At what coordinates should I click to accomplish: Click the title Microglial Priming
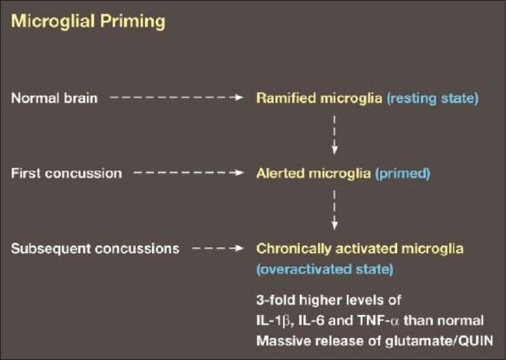coord(88,21)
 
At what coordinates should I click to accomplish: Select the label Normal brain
coord(55,98)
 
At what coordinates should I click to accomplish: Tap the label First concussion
coord(66,173)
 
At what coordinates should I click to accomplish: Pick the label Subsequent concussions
coord(95,248)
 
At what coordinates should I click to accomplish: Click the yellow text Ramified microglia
coord(319,98)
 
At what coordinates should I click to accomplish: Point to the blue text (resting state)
coord(432,98)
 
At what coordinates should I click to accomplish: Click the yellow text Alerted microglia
coord(313,173)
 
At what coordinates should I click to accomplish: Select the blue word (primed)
coord(402,174)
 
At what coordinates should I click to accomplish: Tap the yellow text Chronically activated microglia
coord(360,249)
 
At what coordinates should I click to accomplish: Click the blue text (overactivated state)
coord(325,269)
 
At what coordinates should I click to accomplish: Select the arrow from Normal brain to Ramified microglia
coord(176,97)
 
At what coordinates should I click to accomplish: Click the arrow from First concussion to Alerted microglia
coord(188,172)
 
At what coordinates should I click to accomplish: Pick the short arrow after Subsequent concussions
coord(217,248)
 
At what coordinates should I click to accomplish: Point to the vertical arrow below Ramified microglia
coord(335,135)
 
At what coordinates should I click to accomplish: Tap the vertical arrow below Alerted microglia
coord(335,210)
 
